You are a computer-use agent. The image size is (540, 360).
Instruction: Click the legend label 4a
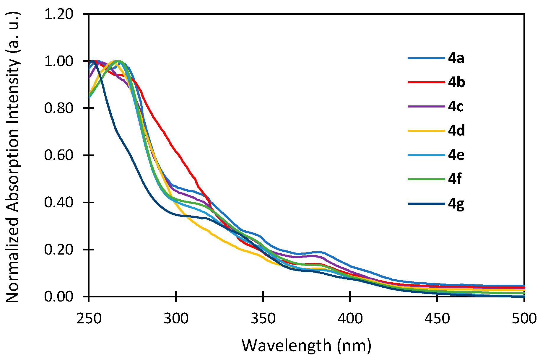point(456,58)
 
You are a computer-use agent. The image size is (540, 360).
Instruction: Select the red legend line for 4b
point(426,82)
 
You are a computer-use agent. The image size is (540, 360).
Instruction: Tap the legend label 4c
point(456,106)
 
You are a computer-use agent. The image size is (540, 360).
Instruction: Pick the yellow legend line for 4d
point(426,131)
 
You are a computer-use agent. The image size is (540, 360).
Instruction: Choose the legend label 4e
point(456,155)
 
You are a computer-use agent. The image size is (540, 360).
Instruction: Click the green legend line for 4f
point(426,179)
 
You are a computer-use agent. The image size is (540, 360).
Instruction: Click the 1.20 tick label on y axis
point(58,14)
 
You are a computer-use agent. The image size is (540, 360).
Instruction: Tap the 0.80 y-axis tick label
point(58,108)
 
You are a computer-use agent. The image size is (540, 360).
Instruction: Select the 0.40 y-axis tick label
point(58,202)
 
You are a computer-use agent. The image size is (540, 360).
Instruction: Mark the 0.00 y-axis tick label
point(58,296)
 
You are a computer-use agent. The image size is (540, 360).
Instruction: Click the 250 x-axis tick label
point(89,319)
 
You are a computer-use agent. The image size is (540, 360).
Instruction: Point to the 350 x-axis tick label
point(263,319)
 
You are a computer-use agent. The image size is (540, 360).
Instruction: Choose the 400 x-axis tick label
point(350,319)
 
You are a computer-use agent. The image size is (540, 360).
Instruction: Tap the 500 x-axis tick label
point(524,319)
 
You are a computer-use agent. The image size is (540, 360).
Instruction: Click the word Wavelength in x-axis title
point(287,346)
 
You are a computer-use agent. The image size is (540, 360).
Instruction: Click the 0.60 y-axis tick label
point(58,155)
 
